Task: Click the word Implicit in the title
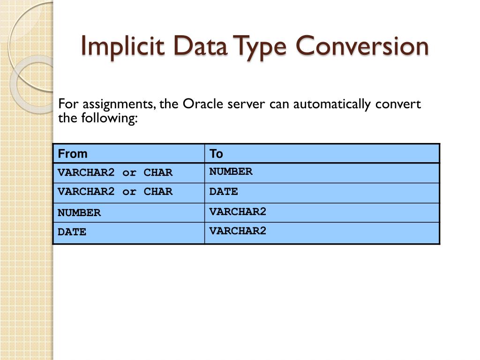click(x=123, y=46)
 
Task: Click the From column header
click(x=73, y=154)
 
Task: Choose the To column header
click(x=216, y=154)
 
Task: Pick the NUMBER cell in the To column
click(x=231, y=172)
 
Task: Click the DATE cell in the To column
click(x=224, y=191)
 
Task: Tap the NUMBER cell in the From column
click(x=79, y=213)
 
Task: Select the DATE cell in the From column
click(x=72, y=232)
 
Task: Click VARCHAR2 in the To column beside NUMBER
click(x=238, y=211)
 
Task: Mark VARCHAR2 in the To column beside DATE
click(x=238, y=231)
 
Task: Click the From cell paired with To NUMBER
click(x=115, y=172)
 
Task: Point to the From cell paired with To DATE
click(x=115, y=192)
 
